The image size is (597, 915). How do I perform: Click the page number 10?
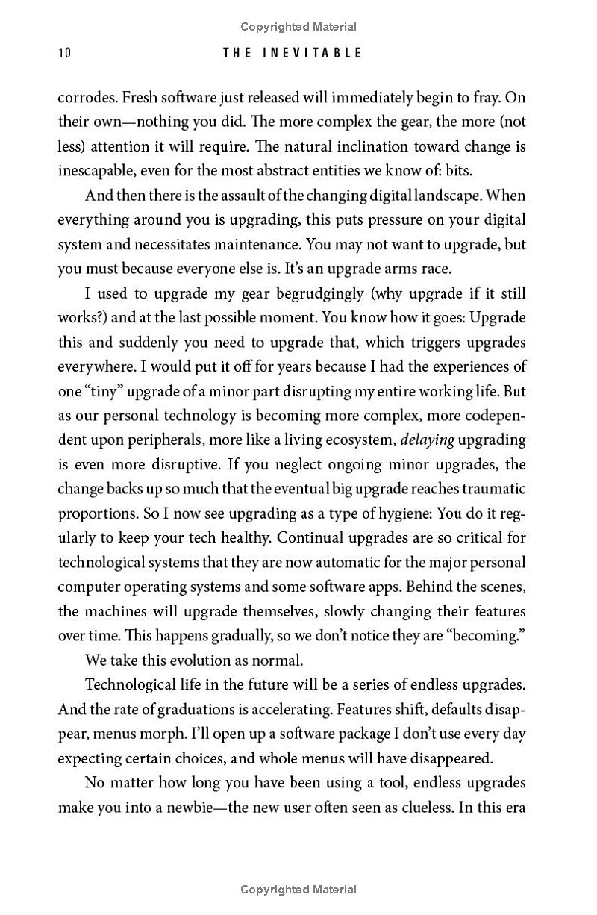tap(63, 53)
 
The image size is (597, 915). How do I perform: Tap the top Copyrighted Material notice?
tap(298, 27)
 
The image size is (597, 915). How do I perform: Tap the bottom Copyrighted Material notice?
tap(298, 889)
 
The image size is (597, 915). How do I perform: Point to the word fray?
tap(488, 98)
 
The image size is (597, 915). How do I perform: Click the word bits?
tap(458, 170)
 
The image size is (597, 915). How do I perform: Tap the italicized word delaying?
tap(429, 440)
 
